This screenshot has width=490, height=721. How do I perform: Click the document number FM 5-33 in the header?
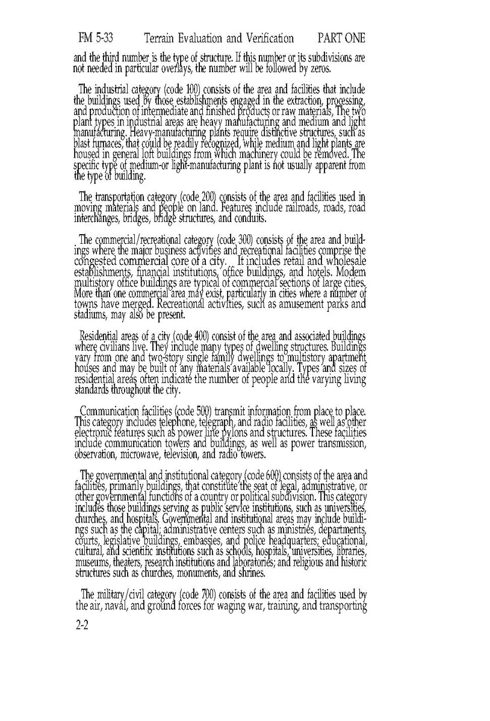click(x=96, y=39)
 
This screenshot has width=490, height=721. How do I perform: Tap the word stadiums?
click(x=93, y=315)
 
